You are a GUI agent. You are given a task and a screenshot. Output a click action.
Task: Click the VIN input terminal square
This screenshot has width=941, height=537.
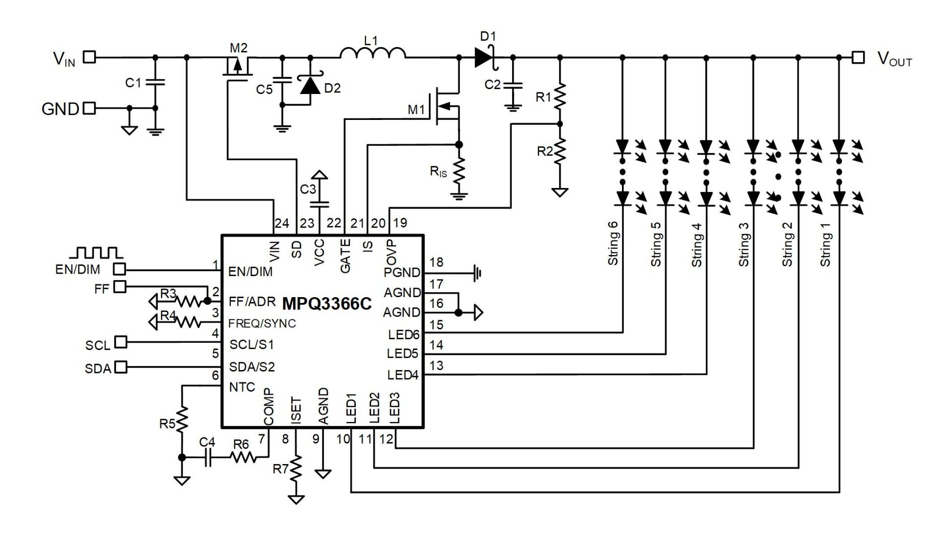[x=89, y=57]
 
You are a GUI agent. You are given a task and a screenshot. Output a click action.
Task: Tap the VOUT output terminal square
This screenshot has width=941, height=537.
[x=858, y=57]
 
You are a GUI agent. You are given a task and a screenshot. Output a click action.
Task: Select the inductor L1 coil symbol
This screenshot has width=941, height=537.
[x=373, y=53]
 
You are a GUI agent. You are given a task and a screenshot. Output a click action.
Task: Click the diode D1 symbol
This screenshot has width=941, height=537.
[x=484, y=58]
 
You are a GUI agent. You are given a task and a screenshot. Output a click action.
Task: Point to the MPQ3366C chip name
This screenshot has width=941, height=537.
[x=327, y=304]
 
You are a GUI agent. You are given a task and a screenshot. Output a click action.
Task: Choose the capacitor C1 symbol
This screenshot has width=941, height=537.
[x=155, y=82]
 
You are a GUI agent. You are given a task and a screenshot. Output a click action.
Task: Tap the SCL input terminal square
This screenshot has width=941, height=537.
[x=120, y=342]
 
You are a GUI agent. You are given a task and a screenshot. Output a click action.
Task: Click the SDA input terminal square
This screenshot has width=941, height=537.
[x=120, y=367]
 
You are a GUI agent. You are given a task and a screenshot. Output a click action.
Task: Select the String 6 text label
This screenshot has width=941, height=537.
[x=613, y=243]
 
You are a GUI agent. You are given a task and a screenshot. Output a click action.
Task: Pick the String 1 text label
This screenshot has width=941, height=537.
[x=825, y=245]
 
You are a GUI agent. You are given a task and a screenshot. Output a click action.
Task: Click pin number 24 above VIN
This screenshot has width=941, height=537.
[x=282, y=223]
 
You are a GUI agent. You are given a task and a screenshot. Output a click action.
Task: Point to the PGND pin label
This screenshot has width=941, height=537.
[x=402, y=273]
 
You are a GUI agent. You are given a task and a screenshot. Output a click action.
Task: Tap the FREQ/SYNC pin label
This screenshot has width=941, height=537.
[x=262, y=324]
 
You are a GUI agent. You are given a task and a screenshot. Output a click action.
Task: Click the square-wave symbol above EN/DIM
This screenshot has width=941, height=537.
[x=96, y=253]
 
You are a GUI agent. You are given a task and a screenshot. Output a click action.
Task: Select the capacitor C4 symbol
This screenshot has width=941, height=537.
[x=208, y=458]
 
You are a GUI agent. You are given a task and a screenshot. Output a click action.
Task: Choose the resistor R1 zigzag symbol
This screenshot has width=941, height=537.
[x=560, y=96]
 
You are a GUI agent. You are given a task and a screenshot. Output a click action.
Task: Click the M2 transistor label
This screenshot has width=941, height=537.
[x=239, y=48]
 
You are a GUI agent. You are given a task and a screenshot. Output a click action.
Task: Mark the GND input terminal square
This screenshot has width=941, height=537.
[x=89, y=108]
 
